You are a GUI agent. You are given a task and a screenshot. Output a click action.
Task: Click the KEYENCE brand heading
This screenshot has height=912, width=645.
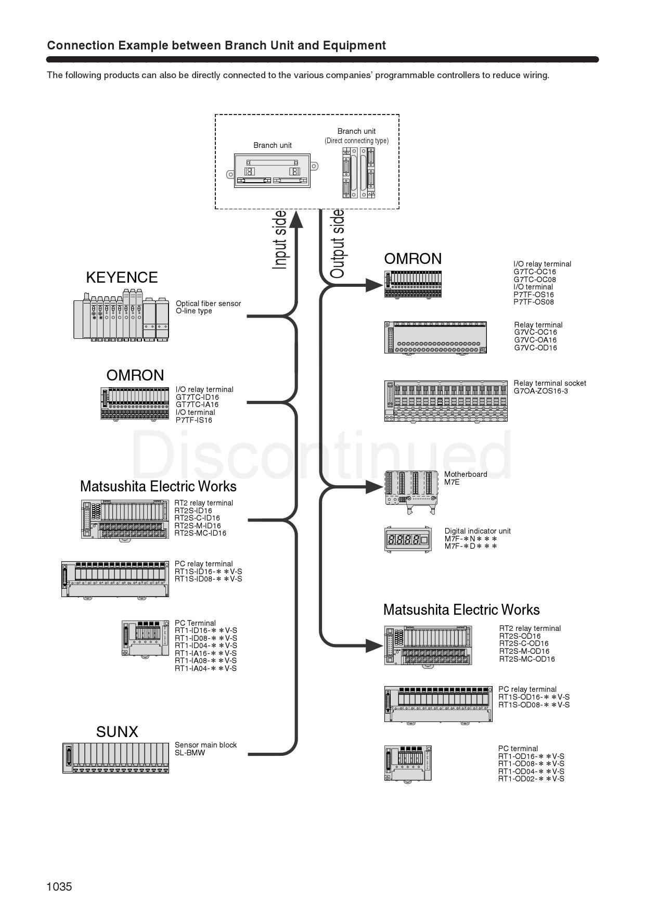[x=122, y=277]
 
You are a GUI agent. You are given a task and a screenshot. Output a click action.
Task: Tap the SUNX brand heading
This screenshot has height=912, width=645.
[x=117, y=732]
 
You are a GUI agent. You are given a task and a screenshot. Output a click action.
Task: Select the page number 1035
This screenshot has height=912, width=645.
[x=59, y=886]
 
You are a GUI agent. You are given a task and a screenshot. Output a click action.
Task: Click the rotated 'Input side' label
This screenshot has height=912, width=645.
[x=280, y=240]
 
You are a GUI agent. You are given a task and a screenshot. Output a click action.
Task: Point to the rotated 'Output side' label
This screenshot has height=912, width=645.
[x=338, y=244]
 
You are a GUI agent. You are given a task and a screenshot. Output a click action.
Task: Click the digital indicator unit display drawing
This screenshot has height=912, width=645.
[x=408, y=540]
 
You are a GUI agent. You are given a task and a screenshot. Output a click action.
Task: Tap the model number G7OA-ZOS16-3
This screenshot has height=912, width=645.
[x=541, y=391]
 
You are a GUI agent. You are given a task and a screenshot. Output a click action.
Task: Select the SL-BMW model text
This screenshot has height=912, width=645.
[x=190, y=753]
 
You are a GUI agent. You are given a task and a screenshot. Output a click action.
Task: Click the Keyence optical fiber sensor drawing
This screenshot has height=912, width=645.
[x=122, y=315]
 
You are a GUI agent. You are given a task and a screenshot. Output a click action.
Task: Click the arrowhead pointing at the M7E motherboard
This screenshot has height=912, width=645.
[x=374, y=487]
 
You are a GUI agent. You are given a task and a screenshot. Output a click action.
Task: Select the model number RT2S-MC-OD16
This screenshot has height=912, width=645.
[x=527, y=659]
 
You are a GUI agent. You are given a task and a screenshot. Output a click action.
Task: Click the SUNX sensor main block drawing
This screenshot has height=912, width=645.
[x=115, y=757]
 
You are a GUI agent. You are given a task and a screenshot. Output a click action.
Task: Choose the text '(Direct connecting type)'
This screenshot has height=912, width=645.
[x=356, y=141]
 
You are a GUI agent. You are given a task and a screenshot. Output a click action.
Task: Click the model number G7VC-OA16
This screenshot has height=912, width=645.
[x=535, y=340]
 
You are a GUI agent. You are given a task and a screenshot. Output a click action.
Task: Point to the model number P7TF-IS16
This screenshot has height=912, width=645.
[x=194, y=420]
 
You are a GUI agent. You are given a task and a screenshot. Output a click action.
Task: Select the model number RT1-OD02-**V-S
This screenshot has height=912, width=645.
[x=531, y=779]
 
